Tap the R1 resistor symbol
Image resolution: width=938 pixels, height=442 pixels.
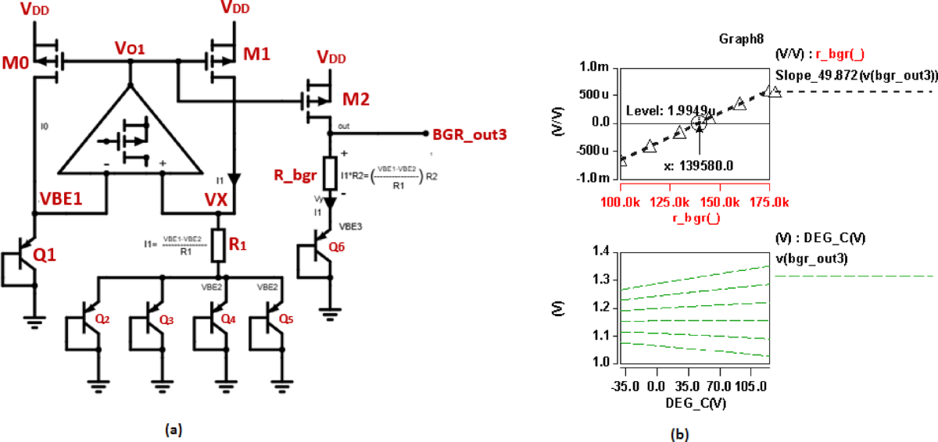tap(220, 245)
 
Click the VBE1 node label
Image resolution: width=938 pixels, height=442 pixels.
tap(63, 199)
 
